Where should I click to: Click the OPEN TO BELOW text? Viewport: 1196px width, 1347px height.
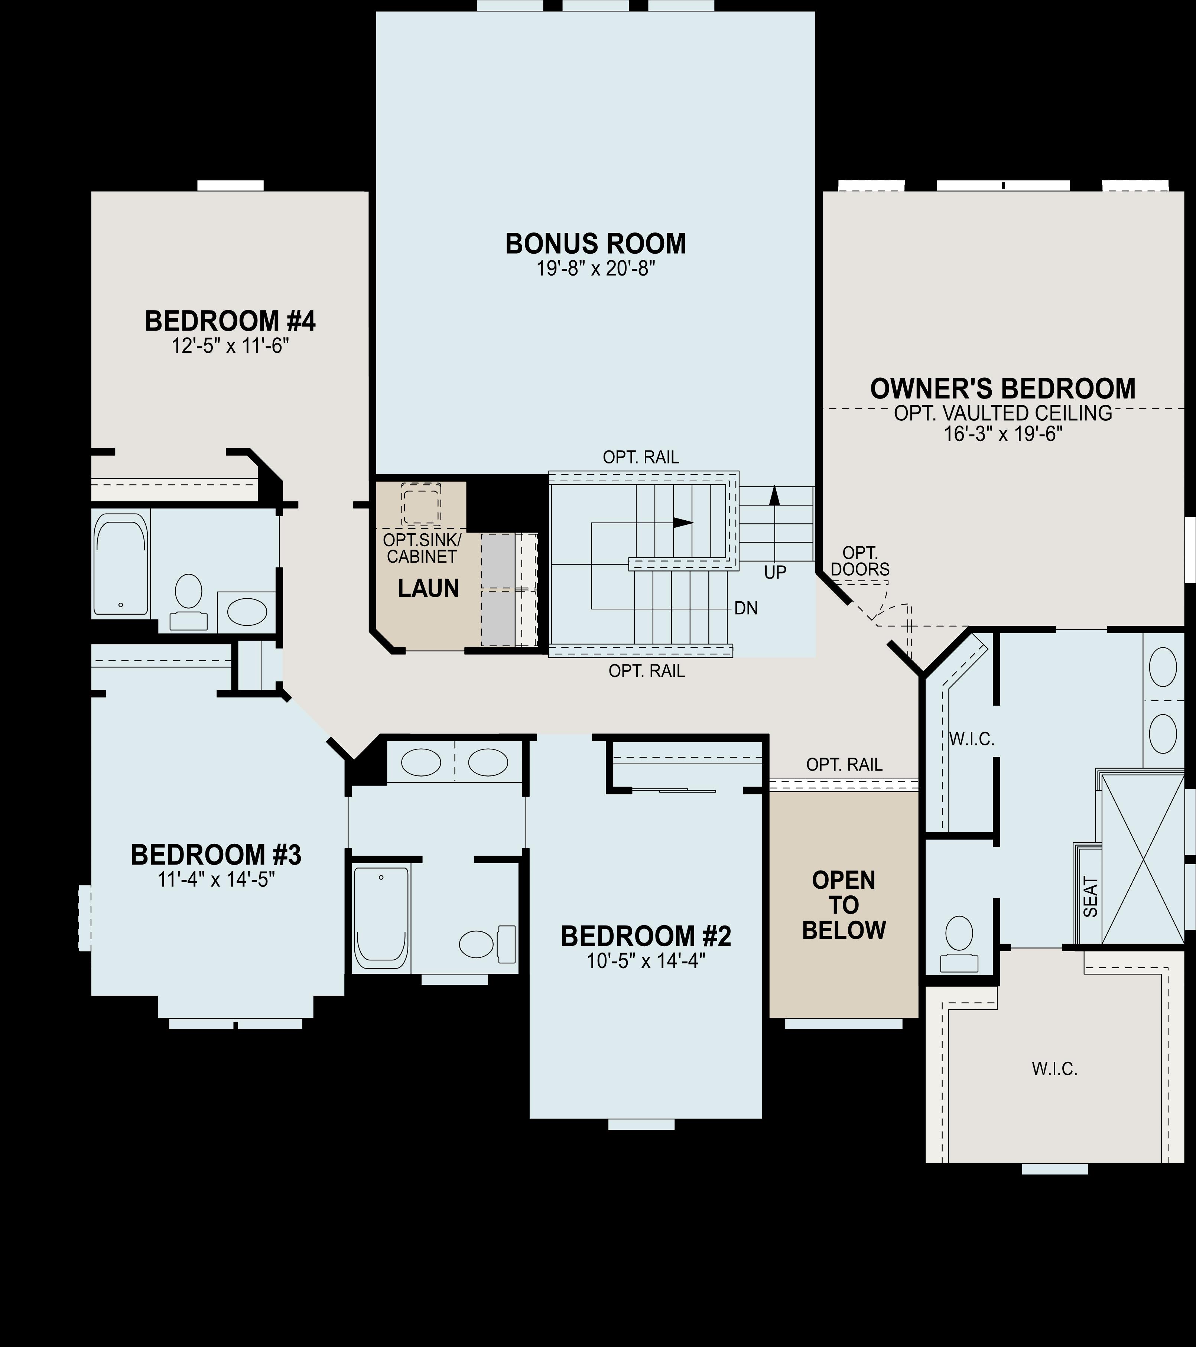click(844, 905)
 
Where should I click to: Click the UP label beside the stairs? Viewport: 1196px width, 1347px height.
click(775, 572)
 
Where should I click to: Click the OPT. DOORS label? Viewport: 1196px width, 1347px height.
click(860, 562)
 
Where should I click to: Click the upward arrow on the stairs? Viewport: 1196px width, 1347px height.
click(775, 495)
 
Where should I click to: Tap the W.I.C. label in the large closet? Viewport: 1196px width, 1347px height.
click(1054, 1069)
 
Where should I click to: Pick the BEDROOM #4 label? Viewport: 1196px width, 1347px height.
click(230, 322)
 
